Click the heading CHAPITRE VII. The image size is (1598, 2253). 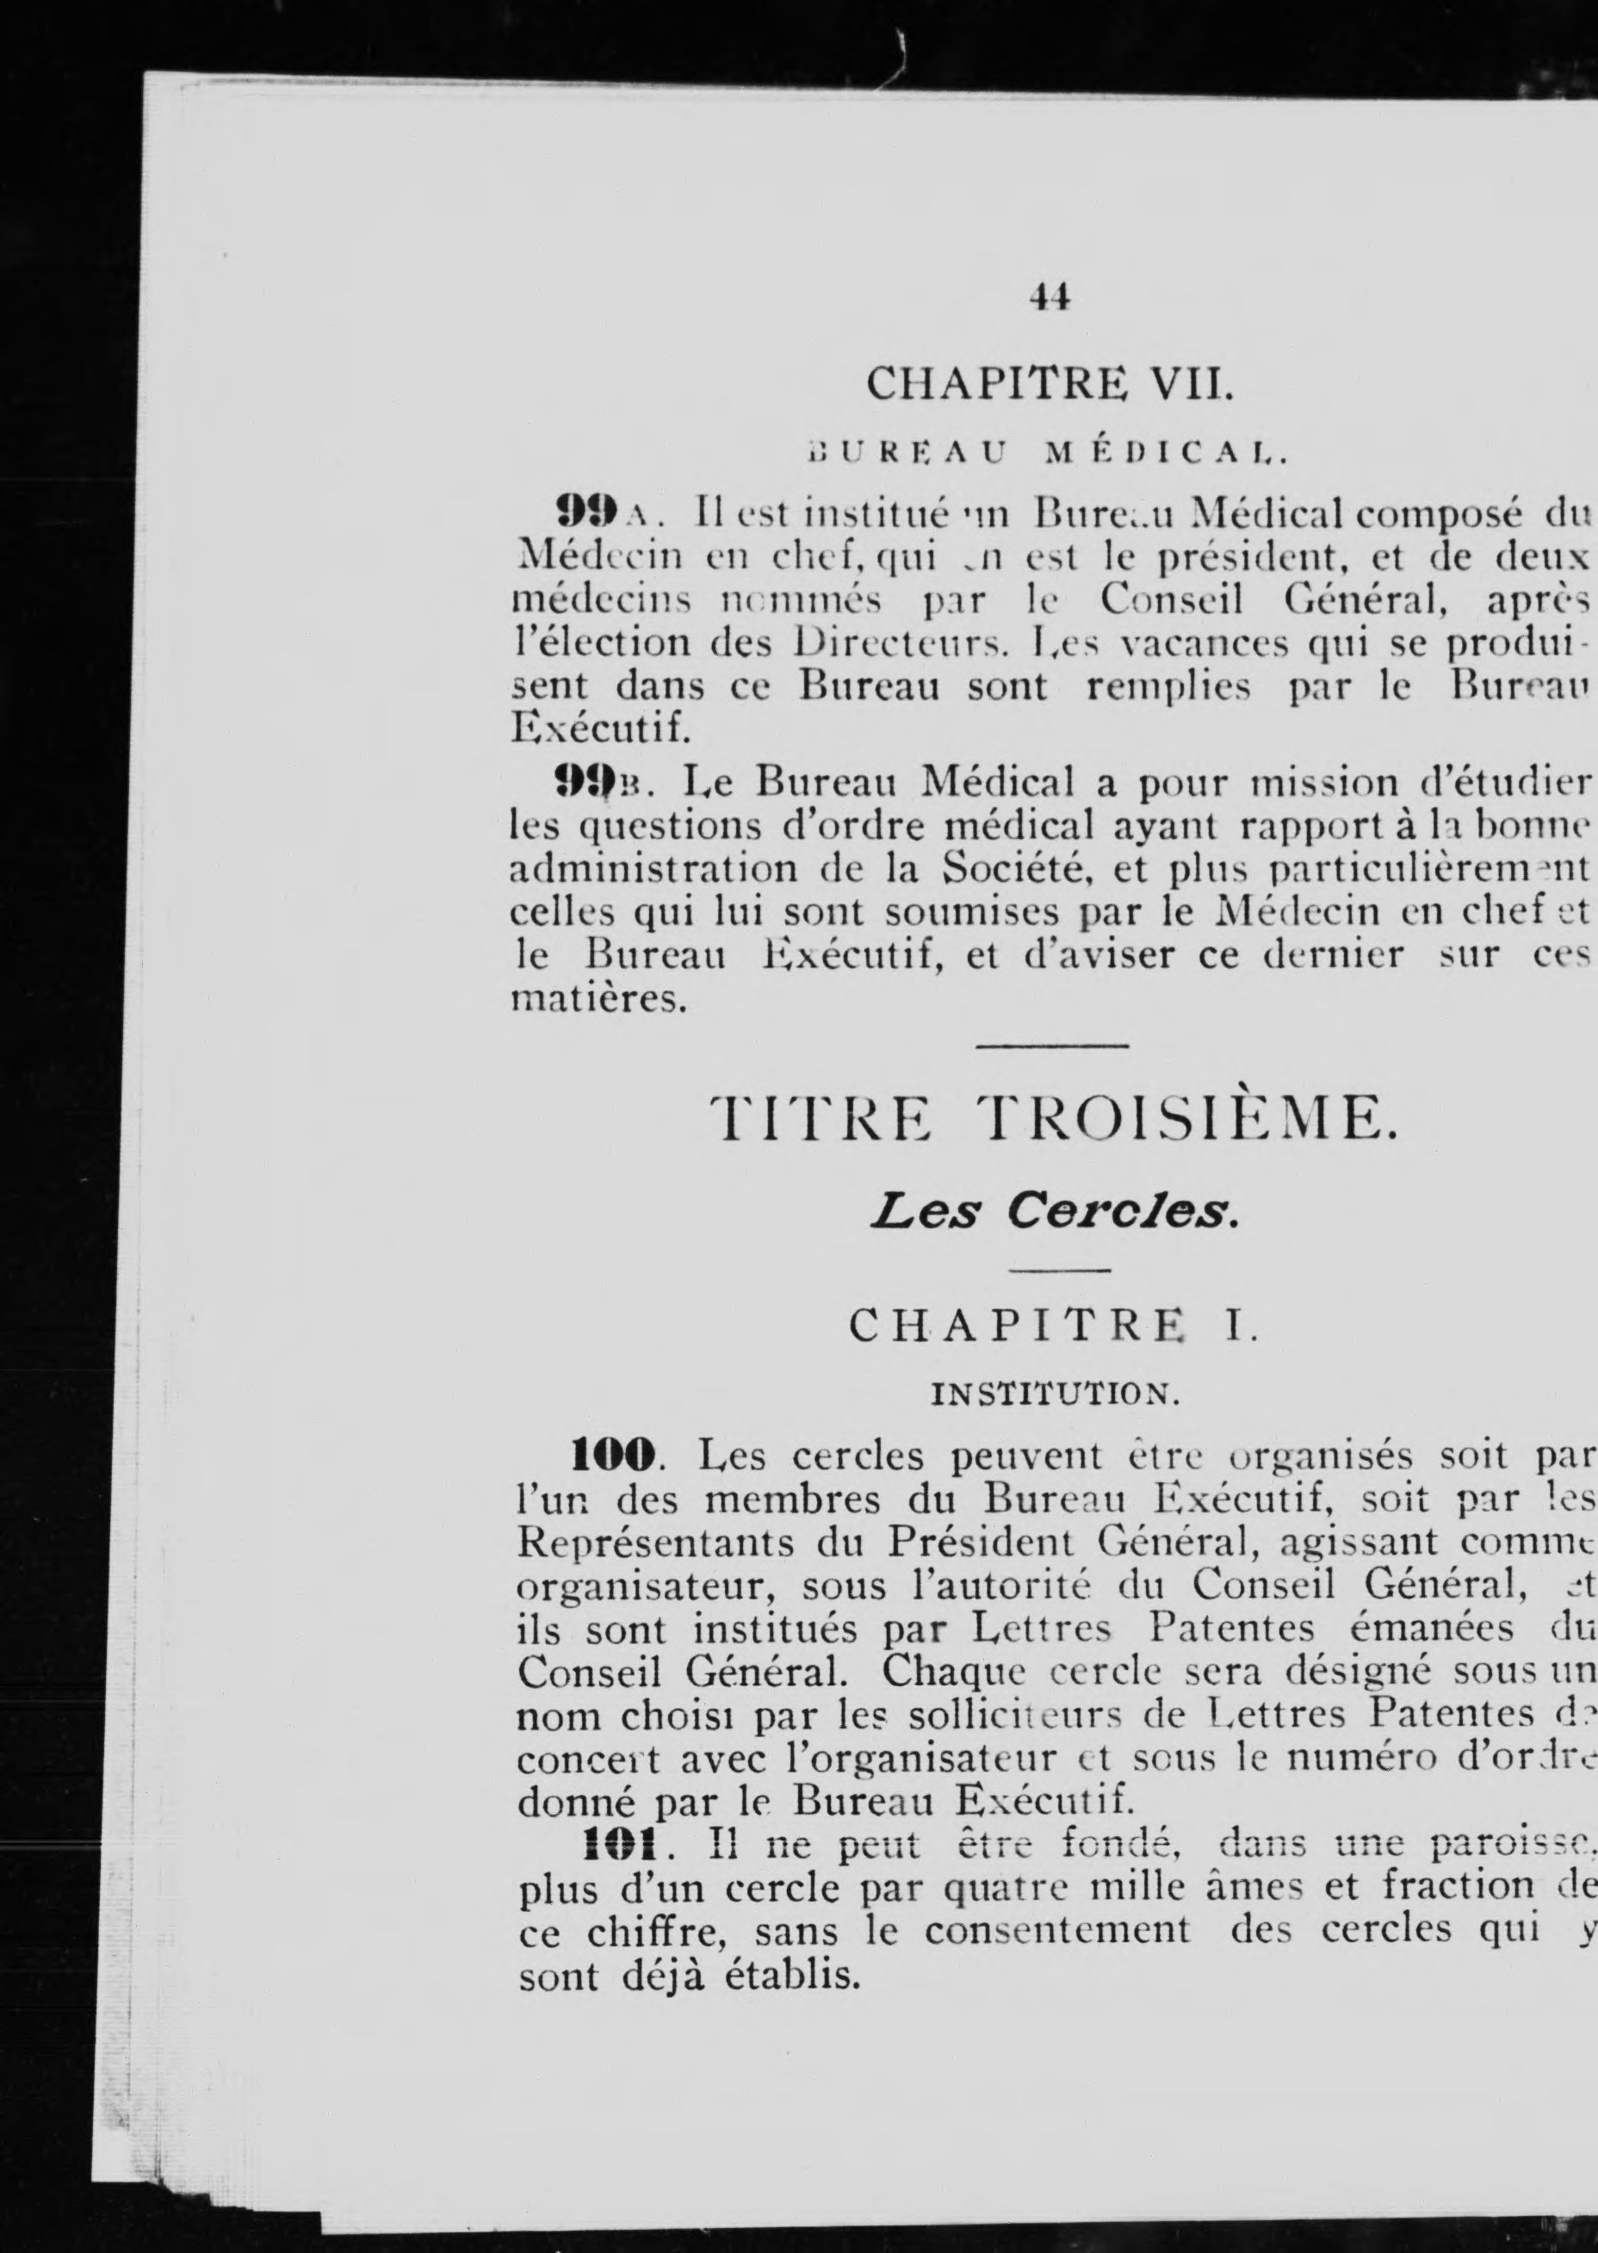[1049, 383]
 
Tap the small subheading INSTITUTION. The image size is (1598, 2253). [1051, 1393]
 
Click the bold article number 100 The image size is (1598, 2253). [613, 1455]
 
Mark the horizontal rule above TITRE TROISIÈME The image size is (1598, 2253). [1052, 1046]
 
